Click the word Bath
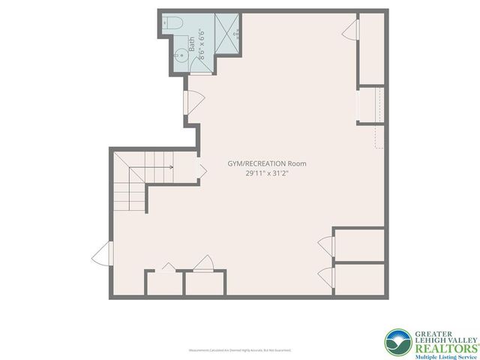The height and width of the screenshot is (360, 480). tap(193, 45)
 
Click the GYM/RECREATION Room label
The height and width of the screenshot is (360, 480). tap(267, 163)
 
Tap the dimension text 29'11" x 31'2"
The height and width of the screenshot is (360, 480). tap(267, 173)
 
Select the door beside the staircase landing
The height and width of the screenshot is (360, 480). tap(200, 170)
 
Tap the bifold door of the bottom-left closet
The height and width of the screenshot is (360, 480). tap(167, 267)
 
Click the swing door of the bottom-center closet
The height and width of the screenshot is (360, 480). tap(204, 262)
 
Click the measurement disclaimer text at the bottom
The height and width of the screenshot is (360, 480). tap(240, 350)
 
